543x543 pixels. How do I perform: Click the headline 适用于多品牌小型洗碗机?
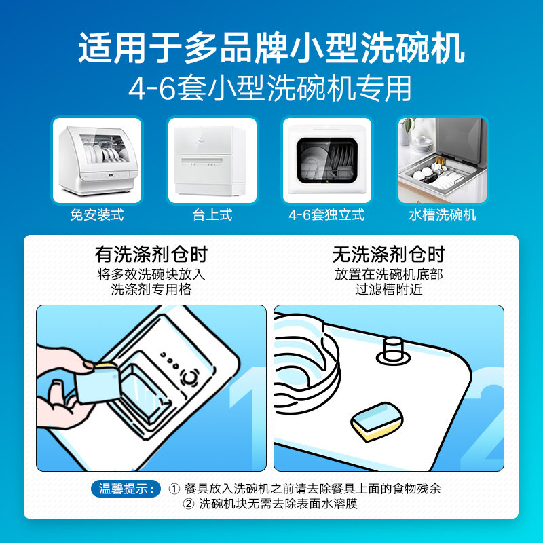(271, 49)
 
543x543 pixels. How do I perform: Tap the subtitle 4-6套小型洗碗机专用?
(271, 89)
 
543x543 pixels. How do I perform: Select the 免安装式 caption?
(97, 215)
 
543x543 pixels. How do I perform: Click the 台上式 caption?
(212, 215)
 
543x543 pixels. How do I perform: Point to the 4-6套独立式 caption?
(326, 215)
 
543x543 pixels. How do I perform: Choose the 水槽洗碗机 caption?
(443, 215)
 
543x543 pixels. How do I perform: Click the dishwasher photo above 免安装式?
(97, 160)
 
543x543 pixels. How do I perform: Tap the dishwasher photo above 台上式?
(212, 160)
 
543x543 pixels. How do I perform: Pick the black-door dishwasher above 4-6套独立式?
(327, 160)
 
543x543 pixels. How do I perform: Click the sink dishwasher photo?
(443, 160)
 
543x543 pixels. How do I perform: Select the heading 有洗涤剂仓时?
(151, 255)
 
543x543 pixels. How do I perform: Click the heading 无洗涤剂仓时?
(388, 255)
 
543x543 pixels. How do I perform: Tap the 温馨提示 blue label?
(126, 489)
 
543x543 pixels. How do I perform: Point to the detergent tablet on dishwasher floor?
(377, 421)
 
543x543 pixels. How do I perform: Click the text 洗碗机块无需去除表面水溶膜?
(278, 504)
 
